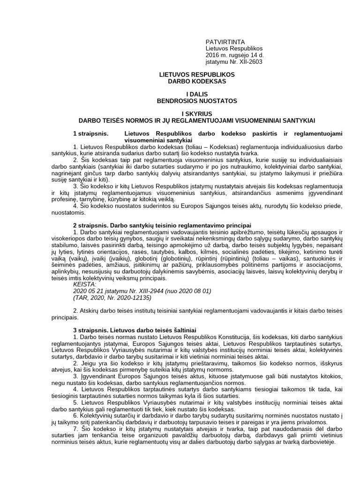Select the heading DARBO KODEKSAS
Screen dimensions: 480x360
click(x=197, y=81)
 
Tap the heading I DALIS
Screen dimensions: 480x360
click(x=197, y=94)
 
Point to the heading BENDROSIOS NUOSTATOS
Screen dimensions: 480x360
click(x=197, y=101)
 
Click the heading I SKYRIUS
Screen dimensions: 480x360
click(x=197, y=114)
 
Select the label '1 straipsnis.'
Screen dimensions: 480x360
click(x=91, y=134)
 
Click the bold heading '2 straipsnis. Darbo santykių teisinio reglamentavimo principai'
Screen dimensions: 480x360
click(x=162, y=225)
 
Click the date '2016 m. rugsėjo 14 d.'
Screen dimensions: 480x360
click(x=234, y=55)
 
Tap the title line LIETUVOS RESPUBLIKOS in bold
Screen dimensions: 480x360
click(x=197, y=75)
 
